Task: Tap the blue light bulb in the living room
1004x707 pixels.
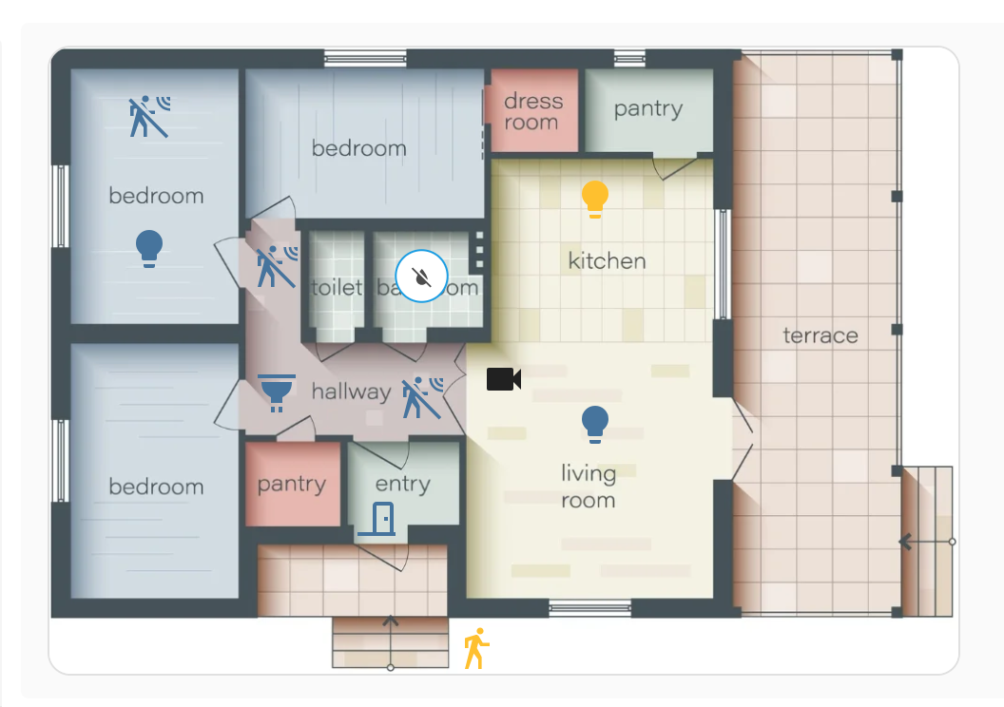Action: pyautogui.click(x=595, y=425)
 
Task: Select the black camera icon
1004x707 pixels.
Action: pyautogui.click(x=503, y=379)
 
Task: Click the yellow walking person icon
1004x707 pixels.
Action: pyautogui.click(x=475, y=648)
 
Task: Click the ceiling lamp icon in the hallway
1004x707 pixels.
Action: pyautogui.click(x=277, y=392)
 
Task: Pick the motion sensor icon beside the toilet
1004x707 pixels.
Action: pyautogui.click(x=277, y=266)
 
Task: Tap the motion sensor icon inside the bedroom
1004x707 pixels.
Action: pyautogui.click(x=149, y=116)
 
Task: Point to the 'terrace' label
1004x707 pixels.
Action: pyautogui.click(x=820, y=335)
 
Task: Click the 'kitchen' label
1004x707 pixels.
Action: pyautogui.click(x=607, y=260)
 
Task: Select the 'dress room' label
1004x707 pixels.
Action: pyautogui.click(x=532, y=111)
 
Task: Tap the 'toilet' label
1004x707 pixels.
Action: pyautogui.click(x=337, y=287)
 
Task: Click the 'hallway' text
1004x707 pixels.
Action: pyautogui.click(x=351, y=392)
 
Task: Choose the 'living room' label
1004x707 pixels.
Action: pyautogui.click(x=588, y=487)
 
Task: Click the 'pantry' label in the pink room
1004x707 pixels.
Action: pyautogui.click(x=291, y=484)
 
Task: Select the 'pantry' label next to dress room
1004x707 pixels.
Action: pyautogui.click(x=647, y=108)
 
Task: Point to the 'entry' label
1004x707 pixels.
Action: pyautogui.click(x=402, y=484)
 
